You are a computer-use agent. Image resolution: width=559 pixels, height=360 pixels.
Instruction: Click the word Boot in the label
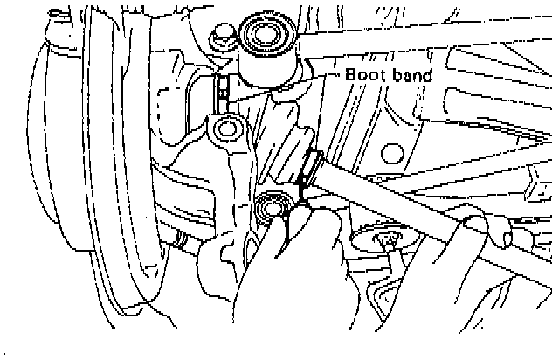(364, 75)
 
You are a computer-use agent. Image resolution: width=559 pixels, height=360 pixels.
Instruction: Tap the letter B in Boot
(351, 75)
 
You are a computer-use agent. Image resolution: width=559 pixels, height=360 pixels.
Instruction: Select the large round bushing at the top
(268, 36)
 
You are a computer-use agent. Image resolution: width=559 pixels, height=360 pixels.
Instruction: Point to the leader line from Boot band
(323, 76)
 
